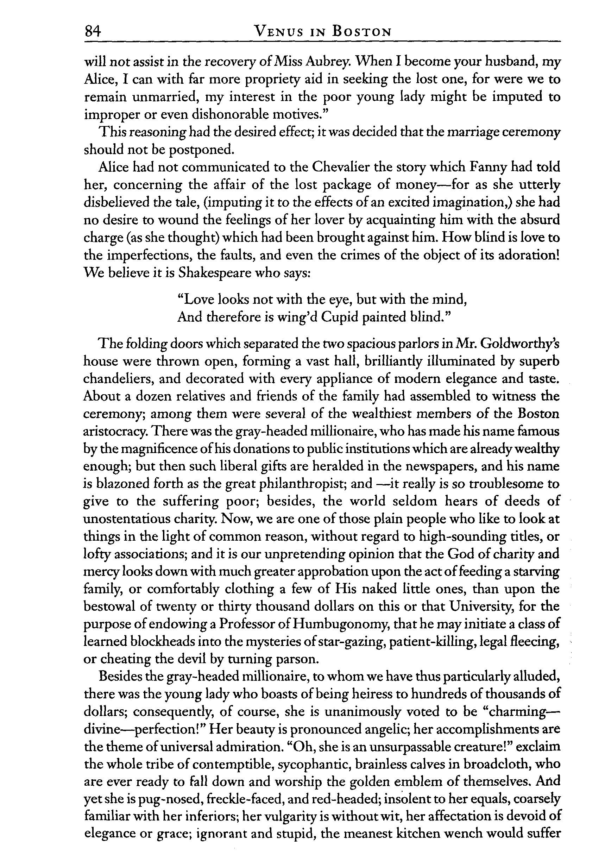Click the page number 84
[x=93, y=31]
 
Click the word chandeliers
[x=118, y=378]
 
